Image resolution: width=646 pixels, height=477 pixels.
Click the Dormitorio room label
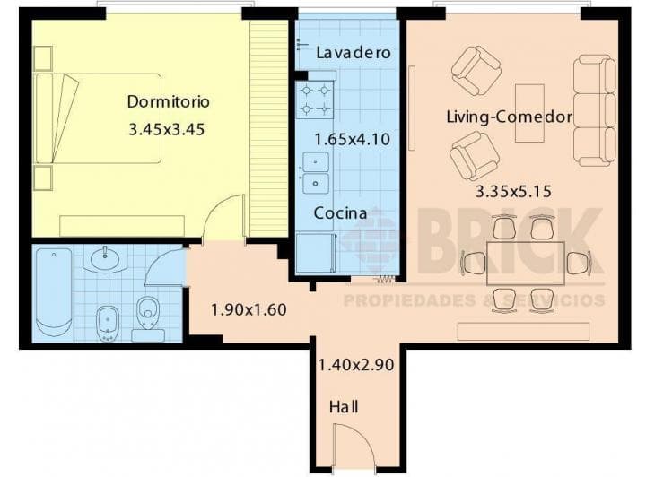point(168,101)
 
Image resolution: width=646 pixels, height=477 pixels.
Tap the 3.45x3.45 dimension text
point(167,130)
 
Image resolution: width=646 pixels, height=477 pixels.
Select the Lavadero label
point(354,53)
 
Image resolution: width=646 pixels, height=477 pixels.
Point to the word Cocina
point(340,212)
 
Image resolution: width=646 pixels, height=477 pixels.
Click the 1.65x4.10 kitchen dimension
point(353,139)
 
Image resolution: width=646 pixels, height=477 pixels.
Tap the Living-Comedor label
point(510,117)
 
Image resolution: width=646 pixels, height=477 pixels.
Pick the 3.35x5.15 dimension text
point(513,191)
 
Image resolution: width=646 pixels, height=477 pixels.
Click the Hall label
point(344,407)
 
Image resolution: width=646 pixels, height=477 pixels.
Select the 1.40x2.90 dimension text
point(356,365)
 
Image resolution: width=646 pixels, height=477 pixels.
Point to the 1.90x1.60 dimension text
point(249,309)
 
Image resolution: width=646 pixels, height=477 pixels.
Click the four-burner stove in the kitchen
point(315,100)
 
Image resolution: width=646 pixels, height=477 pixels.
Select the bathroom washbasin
point(105,258)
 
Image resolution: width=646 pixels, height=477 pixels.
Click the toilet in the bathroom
point(148,317)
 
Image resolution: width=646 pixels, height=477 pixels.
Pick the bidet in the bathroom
point(108,324)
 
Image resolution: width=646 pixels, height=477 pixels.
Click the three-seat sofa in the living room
point(595,110)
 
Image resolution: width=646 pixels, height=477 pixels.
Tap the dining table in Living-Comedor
point(525,264)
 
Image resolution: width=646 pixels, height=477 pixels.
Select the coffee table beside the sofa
point(530,113)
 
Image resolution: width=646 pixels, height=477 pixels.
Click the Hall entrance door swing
point(354,447)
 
